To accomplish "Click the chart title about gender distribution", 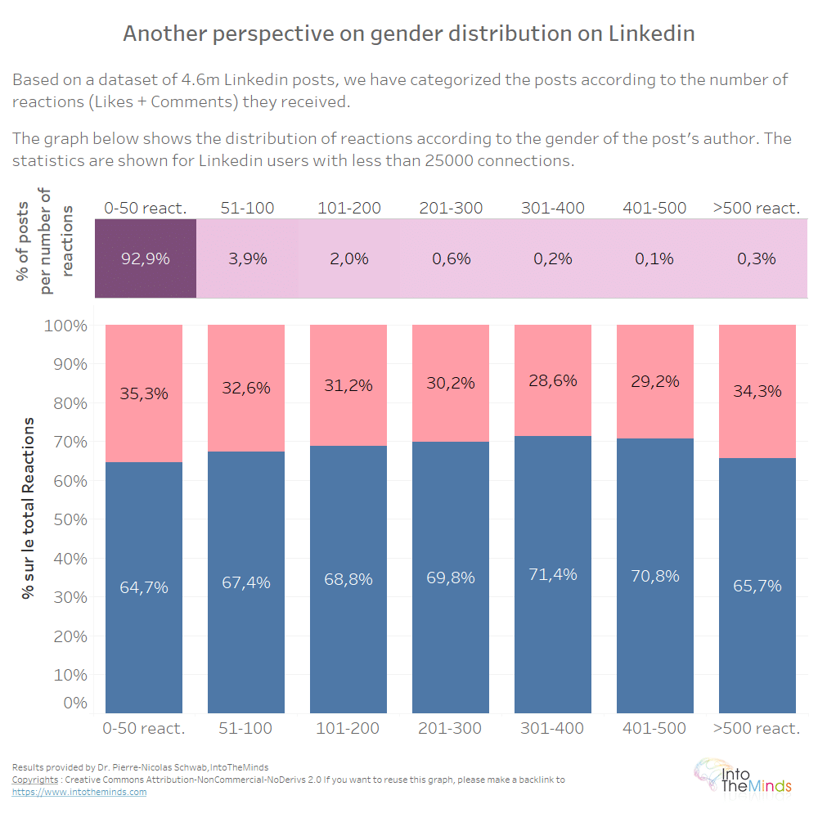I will point(409,34).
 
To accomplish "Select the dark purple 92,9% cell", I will point(146,258).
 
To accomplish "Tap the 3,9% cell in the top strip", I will point(246,258).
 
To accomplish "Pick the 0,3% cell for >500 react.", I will point(757,258).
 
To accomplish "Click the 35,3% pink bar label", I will point(144,393).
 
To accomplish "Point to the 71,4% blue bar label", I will point(553,574).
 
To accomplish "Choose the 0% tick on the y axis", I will point(74,702).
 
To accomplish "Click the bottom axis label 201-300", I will point(451,728).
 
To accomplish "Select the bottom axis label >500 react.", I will point(757,728).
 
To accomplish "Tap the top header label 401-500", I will point(654,208).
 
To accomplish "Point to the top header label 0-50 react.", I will point(145,208).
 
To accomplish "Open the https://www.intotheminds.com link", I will point(79,792).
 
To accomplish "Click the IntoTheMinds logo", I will point(743,776).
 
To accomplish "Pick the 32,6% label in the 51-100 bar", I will point(246,388).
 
